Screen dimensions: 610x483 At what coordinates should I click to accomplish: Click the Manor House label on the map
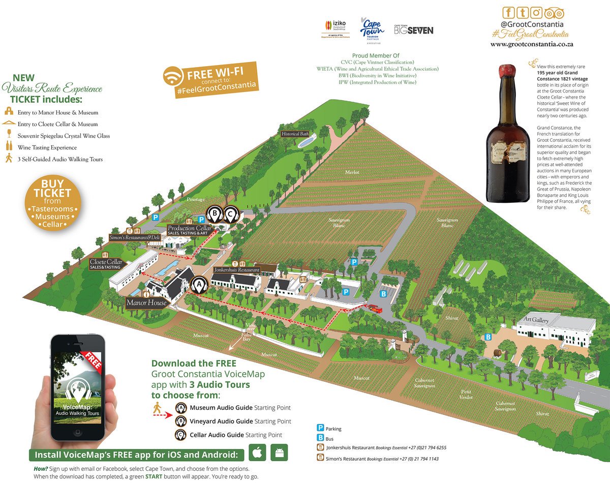pos(147,303)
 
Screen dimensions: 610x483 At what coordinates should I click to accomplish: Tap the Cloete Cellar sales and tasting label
pos(106,263)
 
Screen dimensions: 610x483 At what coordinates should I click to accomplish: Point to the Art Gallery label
pos(533,320)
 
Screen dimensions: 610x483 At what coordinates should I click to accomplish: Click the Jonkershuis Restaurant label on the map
pos(236,269)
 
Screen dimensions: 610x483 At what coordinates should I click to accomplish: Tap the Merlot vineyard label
pos(352,172)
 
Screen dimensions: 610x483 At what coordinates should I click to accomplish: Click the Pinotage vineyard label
pos(195,199)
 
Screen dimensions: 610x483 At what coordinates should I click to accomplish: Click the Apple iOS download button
pos(258,451)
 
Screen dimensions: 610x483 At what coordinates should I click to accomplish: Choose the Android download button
pos(279,451)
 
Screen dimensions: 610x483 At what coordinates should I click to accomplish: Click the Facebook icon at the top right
pos(508,13)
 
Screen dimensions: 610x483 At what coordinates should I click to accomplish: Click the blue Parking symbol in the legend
pos(321,429)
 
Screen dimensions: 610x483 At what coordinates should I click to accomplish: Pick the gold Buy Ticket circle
pos(53,203)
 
